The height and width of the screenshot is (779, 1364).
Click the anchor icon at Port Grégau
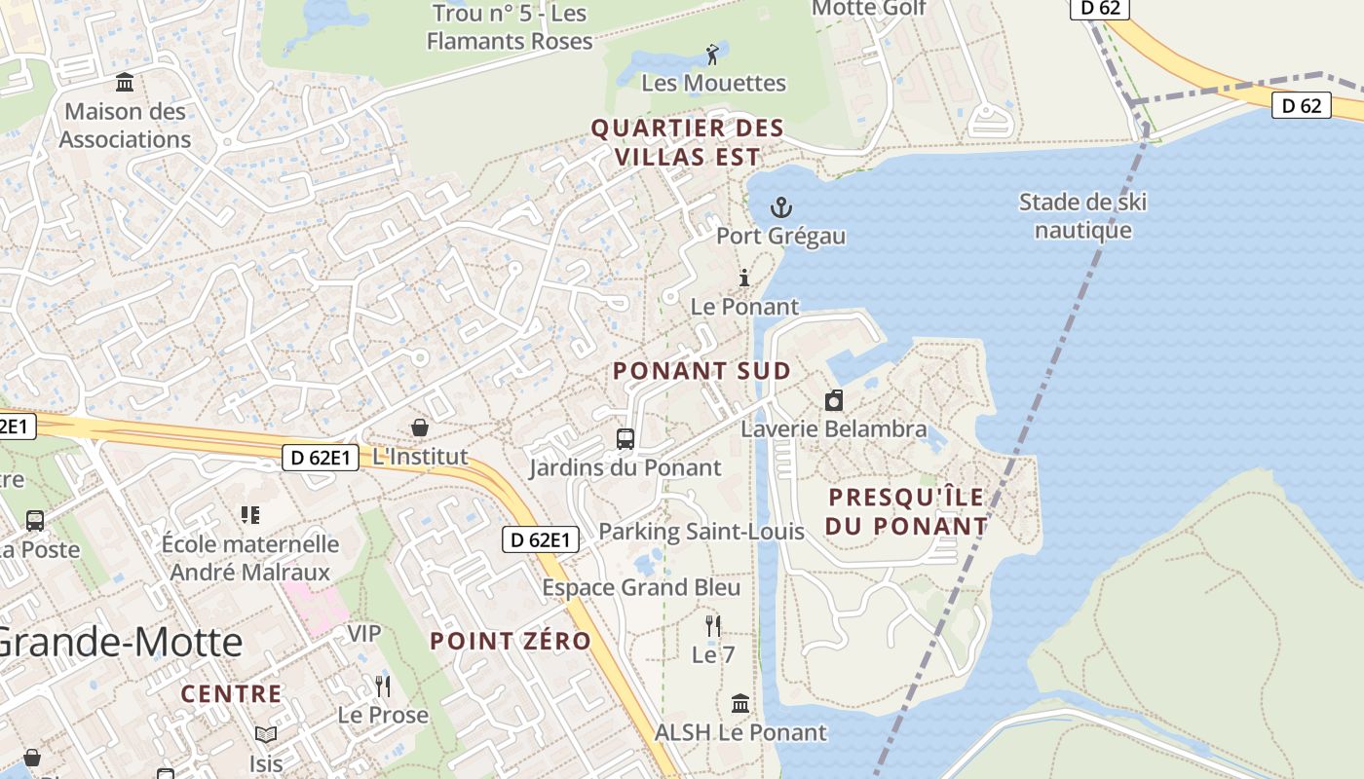[x=780, y=207]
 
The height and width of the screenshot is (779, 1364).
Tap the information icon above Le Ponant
[x=744, y=278]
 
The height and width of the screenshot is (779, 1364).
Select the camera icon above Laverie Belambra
[x=834, y=400]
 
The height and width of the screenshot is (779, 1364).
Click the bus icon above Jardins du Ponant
[x=625, y=439]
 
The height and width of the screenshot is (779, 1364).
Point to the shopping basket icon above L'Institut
[x=420, y=427]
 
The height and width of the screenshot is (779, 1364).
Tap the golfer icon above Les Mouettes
[x=713, y=55]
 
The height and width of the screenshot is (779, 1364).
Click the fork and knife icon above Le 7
[x=713, y=626]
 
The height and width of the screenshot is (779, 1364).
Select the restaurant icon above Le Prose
[x=383, y=686]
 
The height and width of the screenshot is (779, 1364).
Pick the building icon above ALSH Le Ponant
[x=740, y=703]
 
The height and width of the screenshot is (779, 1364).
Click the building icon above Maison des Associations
[x=125, y=83]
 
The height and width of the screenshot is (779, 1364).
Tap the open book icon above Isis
[x=266, y=734]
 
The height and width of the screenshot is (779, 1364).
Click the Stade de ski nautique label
[x=1082, y=216]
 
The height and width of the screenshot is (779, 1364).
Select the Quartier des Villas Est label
[x=687, y=142]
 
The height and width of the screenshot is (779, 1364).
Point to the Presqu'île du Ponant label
[x=907, y=511]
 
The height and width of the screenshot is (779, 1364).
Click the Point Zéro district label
[x=511, y=641]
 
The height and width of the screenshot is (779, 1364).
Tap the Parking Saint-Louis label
[x=701, y=531]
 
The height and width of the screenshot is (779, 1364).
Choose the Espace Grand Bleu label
[x=641, y=587]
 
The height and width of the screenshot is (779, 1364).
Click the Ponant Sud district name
[x=701, y=371]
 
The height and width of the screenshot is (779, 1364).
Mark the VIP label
[x=364, y=634]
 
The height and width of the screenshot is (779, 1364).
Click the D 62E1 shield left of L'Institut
[x=321, y=458]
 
